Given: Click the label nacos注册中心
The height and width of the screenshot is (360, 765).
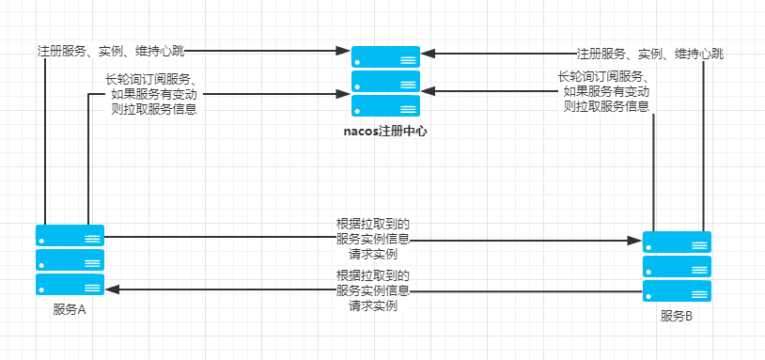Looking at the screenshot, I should (x=386, y=133).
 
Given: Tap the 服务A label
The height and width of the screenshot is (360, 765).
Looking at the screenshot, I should (x=70, y=310).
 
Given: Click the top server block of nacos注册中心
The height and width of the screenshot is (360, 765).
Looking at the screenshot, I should (x=386, y=56).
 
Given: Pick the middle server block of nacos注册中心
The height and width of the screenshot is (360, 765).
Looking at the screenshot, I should (x=386, y=81).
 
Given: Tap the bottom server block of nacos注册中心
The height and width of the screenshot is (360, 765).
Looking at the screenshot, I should (x=386, y=105).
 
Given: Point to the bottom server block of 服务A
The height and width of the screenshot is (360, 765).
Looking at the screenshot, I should (x=70, y=285).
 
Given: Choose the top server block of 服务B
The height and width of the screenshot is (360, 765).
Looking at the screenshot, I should (x=677, y=242).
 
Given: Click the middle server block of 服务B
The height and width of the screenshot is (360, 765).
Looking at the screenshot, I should (x=677, y=266).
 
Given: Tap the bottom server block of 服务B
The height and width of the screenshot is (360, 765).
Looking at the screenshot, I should (x=677, y=290).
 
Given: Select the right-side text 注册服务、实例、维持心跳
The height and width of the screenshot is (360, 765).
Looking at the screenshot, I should (x=650, y=55).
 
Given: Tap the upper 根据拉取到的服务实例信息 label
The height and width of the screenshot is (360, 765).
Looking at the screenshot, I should (x=373, y=239).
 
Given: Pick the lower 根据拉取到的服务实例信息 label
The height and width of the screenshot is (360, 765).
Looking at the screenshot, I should (x=373, y=290).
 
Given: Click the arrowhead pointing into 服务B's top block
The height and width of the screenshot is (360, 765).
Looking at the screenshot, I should (x=636, y=241).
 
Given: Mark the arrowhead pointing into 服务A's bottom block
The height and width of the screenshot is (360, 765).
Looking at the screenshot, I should (x=111, y=290).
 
